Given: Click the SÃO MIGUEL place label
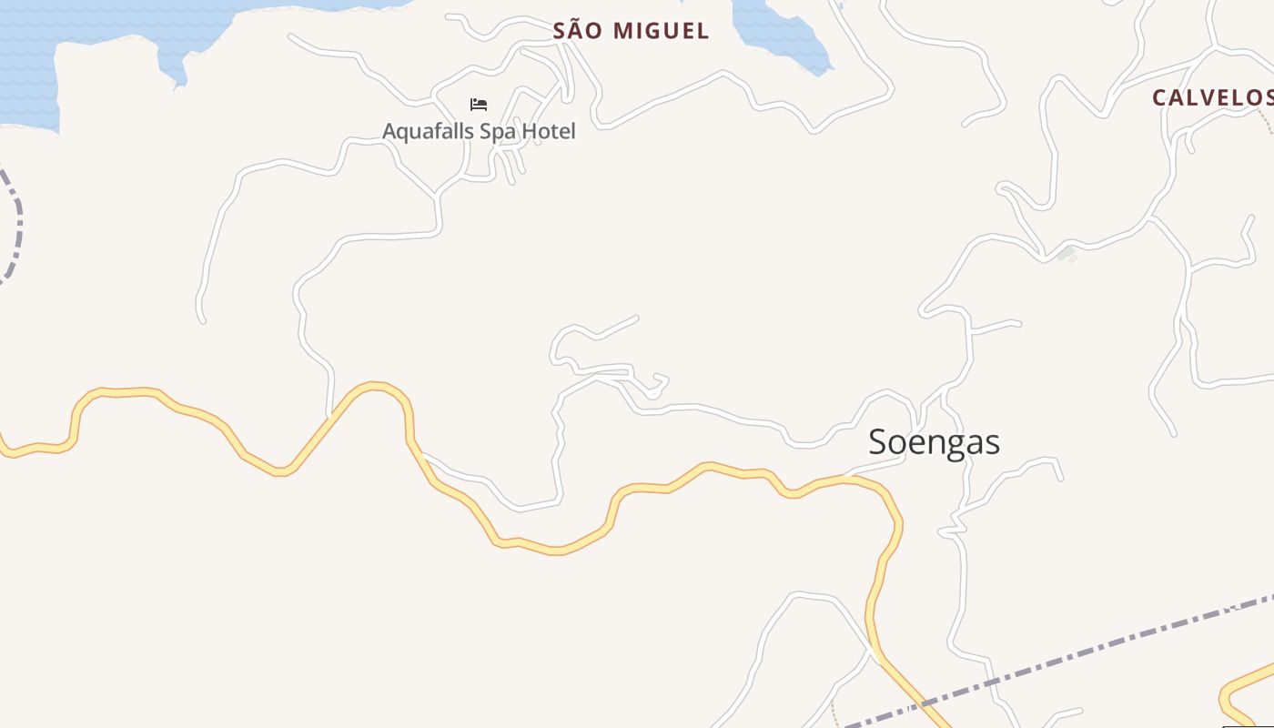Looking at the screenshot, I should coord(631,31).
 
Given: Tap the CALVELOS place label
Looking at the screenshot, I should coord(1212,98).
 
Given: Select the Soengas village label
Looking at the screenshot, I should coord(934,442).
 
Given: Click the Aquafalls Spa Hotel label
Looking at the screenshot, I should coord(479,131).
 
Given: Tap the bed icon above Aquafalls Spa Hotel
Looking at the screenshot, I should coord(479,105).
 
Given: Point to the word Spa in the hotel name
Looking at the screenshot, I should coord(497,132).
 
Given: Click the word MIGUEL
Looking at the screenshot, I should coord(661,31).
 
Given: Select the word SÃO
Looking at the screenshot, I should coord(579,31).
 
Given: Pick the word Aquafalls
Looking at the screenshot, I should coord(429,131).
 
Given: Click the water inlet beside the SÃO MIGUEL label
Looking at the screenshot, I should coord(783,36).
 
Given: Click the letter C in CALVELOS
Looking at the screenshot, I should coord(1159,98).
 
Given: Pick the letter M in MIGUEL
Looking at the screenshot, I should coord(624,31).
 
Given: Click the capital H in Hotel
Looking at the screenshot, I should coord(531,131).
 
